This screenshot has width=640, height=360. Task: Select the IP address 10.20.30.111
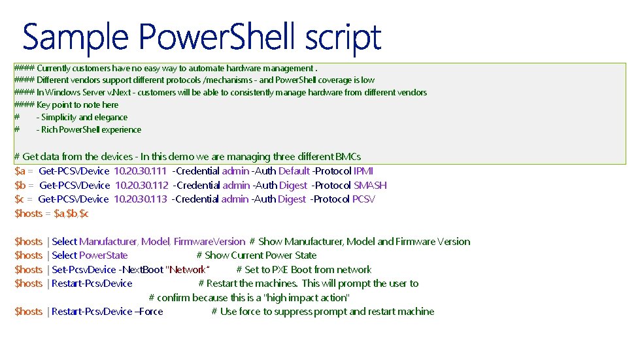coord(140,171)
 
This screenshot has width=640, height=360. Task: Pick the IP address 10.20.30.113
coord(141,199)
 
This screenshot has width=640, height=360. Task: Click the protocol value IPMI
coord(363,171)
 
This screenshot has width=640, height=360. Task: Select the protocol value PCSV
coord(363,199)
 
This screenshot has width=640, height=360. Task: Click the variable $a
coord(20,171)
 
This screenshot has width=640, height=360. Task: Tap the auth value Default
coord(294,171)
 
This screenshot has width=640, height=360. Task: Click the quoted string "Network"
coord(188,270)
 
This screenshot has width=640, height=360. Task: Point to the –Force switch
coord(149,312)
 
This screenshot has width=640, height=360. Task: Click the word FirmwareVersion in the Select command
coord(209,242)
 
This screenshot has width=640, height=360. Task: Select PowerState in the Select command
coord(103,255)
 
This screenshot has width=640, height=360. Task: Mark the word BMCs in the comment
coord(348,157)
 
